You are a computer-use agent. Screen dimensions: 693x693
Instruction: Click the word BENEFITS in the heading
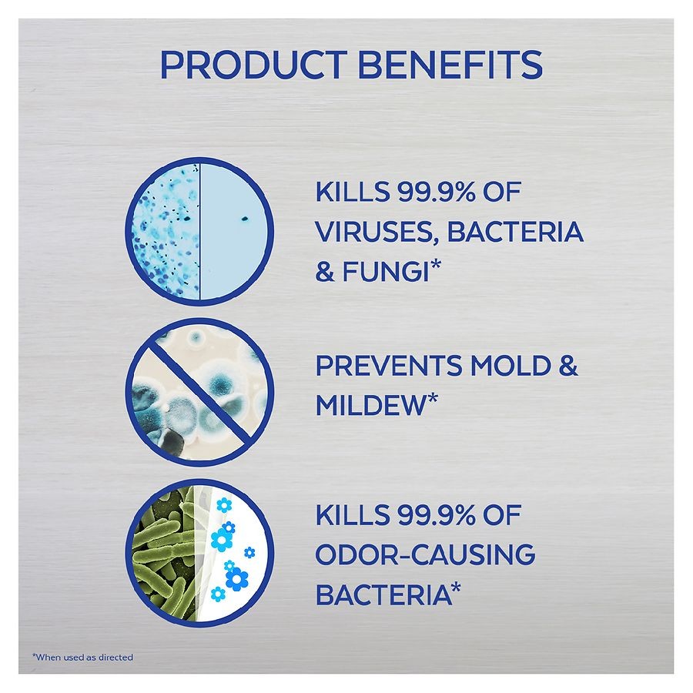pos(450,65)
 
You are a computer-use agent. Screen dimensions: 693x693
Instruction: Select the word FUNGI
pos(385,271)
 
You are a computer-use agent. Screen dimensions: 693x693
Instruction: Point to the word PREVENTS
pos(387,366)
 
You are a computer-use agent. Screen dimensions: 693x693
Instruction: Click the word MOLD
pos(510,366)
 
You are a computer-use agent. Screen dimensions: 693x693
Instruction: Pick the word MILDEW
pos(370,404)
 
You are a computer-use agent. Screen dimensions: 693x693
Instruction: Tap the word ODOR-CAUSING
pos(425,554)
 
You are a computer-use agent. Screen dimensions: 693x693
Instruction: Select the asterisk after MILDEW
pos(432,398)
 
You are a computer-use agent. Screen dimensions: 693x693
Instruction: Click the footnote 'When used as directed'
pos(82,658)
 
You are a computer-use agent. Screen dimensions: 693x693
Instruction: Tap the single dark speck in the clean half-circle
pos(244,219)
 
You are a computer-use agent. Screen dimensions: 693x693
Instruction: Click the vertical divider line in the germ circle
pos(199,231)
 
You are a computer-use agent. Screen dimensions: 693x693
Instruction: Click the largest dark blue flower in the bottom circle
pos(237,579)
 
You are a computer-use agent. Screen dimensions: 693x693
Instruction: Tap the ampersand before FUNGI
pos(325,272)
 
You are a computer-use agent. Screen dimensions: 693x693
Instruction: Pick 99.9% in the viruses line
pos(436,192)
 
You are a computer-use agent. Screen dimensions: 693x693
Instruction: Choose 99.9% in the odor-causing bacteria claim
pos(436,515)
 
